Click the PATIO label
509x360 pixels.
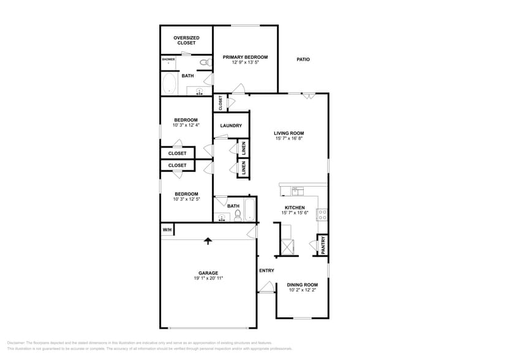point(303,59)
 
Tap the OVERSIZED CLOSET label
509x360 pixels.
point(187,40)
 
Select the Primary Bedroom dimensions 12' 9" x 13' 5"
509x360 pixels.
point(245,62)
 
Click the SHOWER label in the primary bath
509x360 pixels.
point(168,59)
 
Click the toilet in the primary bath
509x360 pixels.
point(203,62)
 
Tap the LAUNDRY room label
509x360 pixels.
point(231,126)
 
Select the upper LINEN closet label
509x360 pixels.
point(243,148)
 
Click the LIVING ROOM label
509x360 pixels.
point(289,133)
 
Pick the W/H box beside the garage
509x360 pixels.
point(167,230)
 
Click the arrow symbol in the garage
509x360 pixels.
point(208,241)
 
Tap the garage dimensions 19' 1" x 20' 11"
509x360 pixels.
point(208,278)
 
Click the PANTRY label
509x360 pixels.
point(322,245)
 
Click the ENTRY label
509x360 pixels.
point(266,270)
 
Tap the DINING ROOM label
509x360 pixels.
point(303,284)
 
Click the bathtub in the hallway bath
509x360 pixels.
point(249,210)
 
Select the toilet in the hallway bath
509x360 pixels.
point(230,215)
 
